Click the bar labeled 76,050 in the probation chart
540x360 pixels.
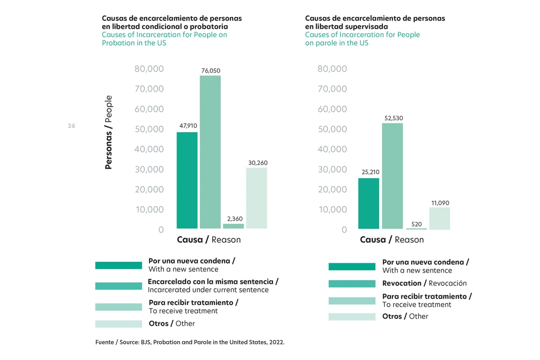(x=210, y=152)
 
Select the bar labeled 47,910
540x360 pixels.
(x=187, y=180)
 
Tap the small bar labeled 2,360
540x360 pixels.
(x=233, y=226)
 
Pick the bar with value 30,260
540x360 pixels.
(x=256, y=198)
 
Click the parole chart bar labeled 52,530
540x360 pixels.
(x=392, y=176)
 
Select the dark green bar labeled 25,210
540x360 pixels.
(x=369, y=203)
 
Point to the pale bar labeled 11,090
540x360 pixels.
(x=440, y=218)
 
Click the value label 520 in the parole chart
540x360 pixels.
(x=416, y=224)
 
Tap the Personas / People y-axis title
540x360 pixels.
(x=108, y=133)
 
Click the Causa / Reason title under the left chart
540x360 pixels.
(x=208, y=240)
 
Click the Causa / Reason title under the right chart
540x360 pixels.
(x=391, y=240)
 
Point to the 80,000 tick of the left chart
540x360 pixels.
(x=149, y=69)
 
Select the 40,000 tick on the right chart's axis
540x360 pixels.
(x=332, y=149)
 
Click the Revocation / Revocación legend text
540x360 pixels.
(x=424, y=283)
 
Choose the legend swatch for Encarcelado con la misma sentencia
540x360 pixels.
(x=119, y=286)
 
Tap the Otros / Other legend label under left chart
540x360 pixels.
(x=172, y=324)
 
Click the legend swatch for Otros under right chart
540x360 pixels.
(x=352, y=317)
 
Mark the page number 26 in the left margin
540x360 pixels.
(x=71, y=126)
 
